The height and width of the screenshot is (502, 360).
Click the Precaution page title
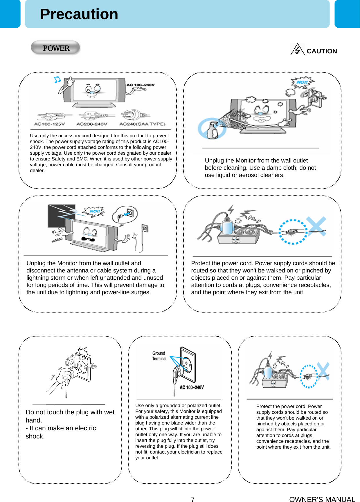[x=79, y=14]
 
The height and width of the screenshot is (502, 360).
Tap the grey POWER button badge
[x=55, y=48]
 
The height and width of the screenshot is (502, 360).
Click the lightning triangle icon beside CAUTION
[x=297, y=49]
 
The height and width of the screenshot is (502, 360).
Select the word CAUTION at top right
[x=322, y=51]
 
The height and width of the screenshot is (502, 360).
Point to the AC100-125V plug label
[x=49, y=124]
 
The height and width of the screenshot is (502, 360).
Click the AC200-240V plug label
[x=92, y=124]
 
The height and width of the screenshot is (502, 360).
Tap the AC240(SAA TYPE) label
[x=142, y=124]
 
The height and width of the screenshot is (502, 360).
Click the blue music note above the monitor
[x=57, y=80]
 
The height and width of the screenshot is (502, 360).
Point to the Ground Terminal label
[x=159, y=356]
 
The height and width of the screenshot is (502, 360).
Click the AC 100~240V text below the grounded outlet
[x=192, y=387]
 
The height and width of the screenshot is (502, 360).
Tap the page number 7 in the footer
[x=193, y=499]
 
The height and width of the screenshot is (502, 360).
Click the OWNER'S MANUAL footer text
[x=322, y=499]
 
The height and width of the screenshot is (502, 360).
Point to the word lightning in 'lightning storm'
[x=38, y=278]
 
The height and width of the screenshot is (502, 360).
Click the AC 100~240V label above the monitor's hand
[x=141, y=85]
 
